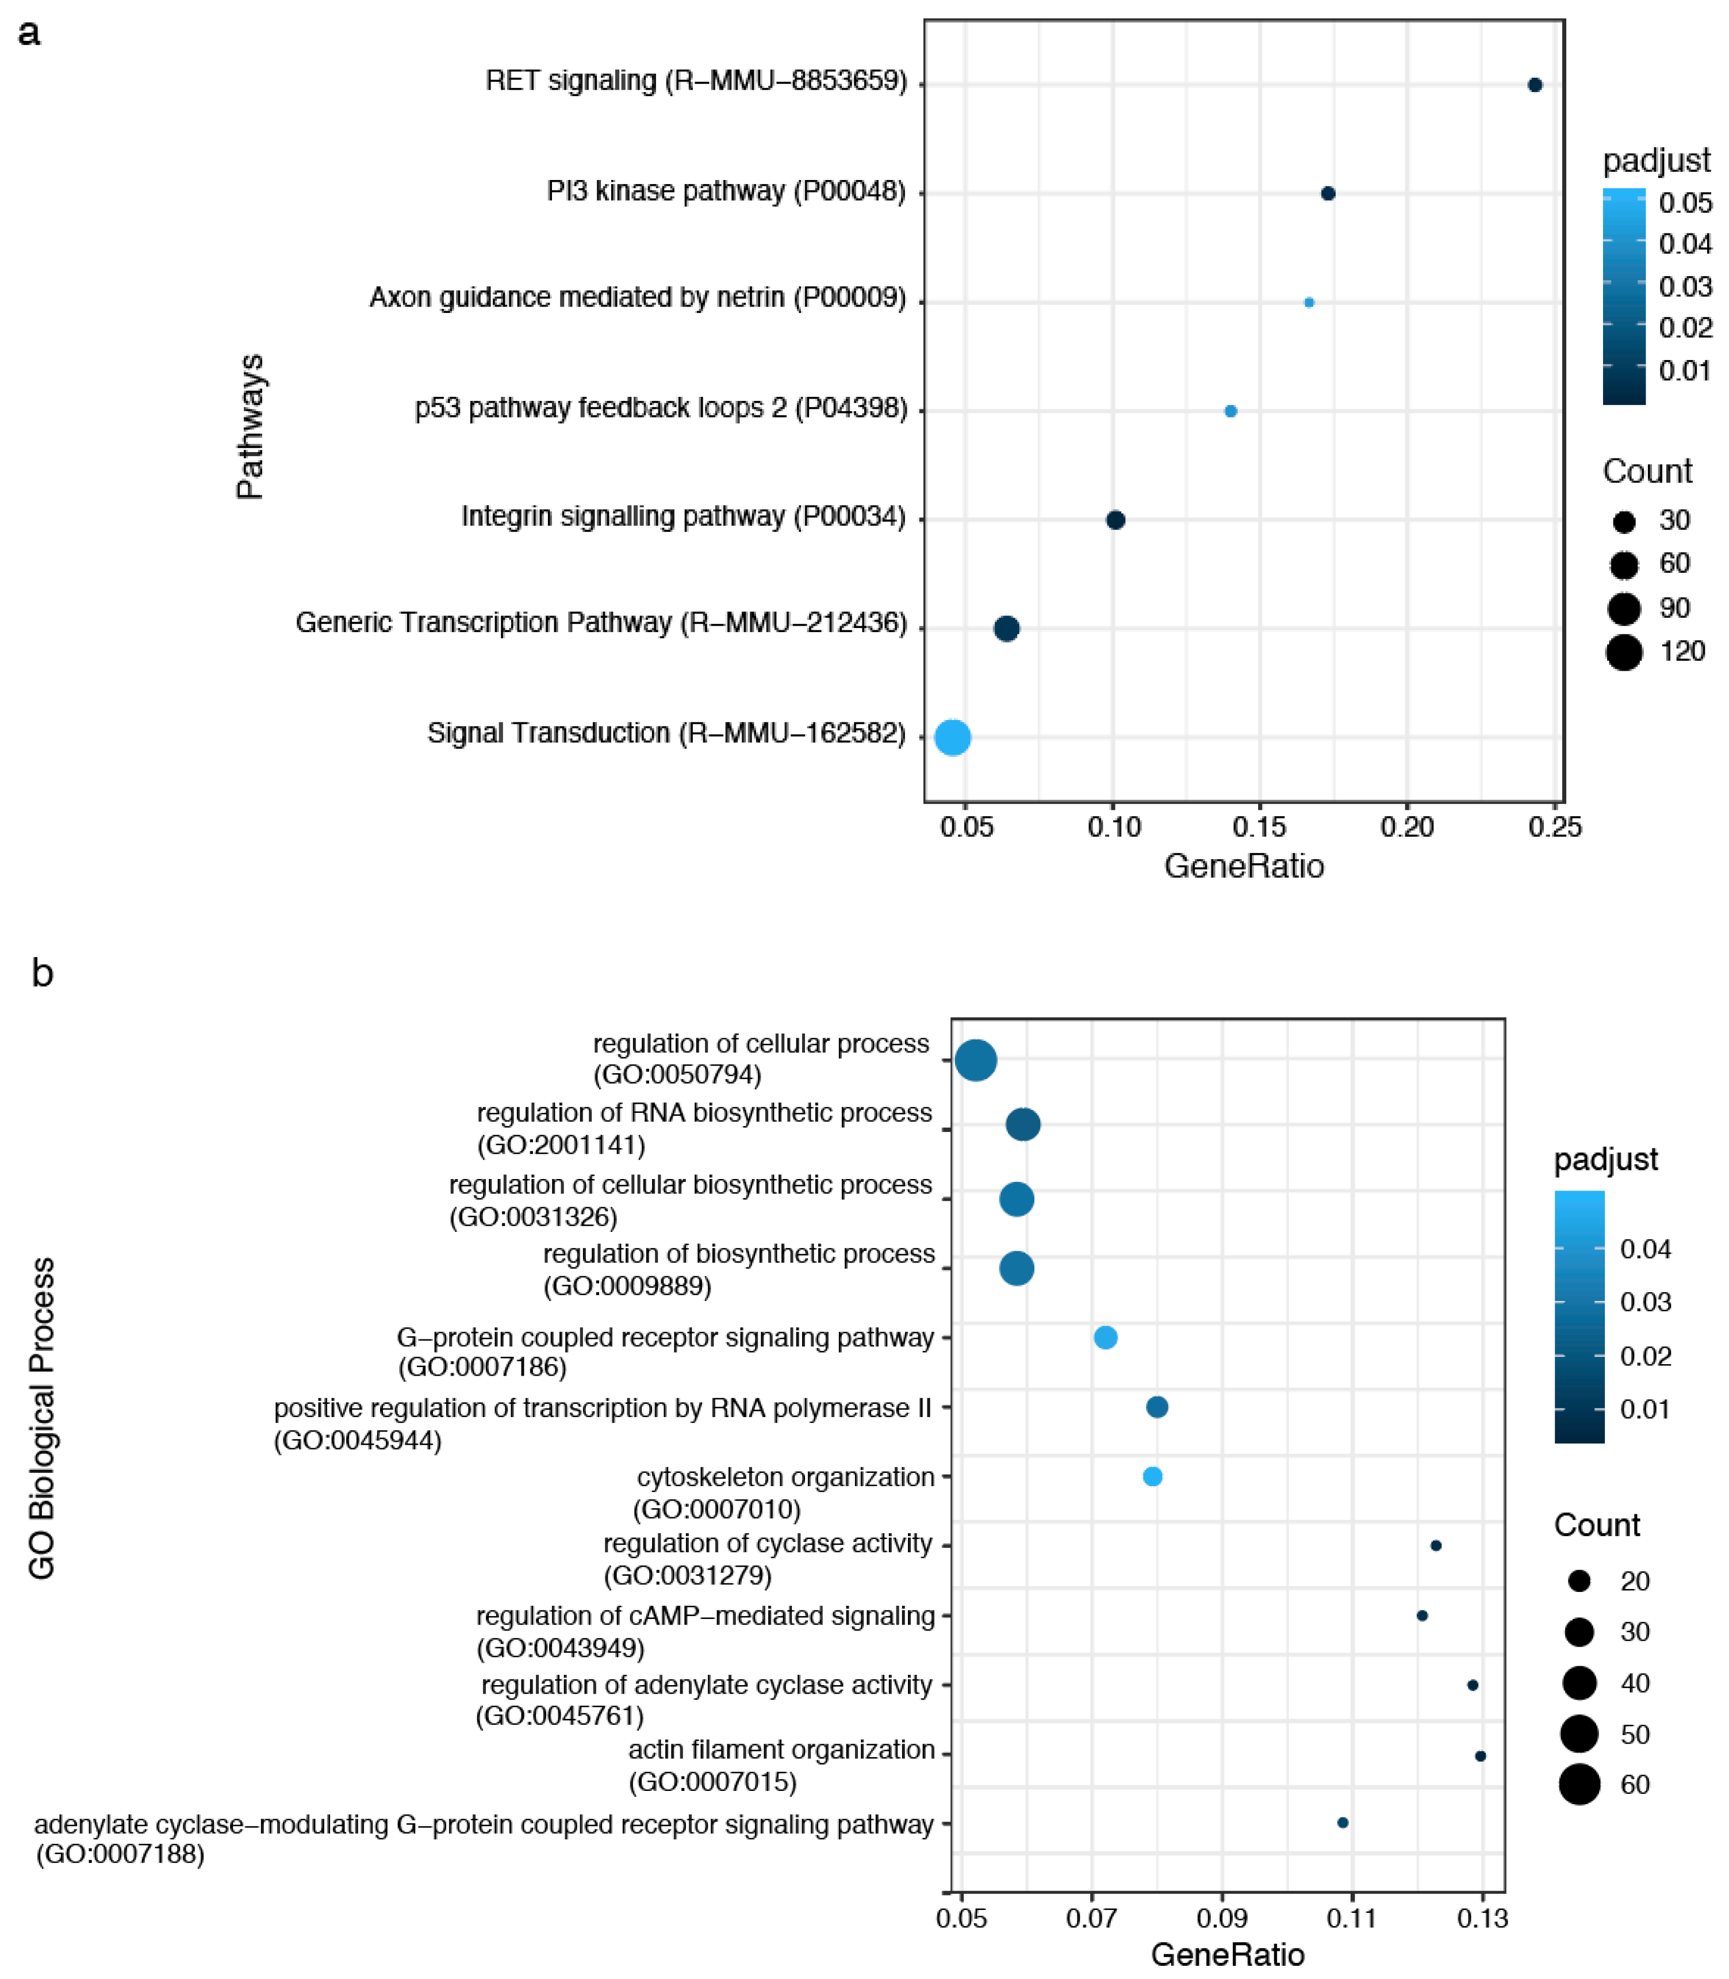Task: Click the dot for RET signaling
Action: click(1534, 85)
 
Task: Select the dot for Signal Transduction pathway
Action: click(952, 737)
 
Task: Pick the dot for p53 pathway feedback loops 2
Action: click(1230, 411)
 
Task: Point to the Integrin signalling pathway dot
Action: click(1115, 520)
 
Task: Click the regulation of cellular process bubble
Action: click(975, 1061)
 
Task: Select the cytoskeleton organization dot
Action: click(1152, 1476)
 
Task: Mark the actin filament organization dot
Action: click(1480, 1756)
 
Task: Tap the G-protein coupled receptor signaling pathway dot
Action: click(1106, 1337)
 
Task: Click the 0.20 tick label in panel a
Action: click(1407, 827)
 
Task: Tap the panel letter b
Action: click(43, 974)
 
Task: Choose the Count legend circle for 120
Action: click(1624, 652)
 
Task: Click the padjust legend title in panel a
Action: click(1655, 160)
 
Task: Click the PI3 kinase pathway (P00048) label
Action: click(726, 191)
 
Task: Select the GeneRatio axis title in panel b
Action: click(1227, 1955)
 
